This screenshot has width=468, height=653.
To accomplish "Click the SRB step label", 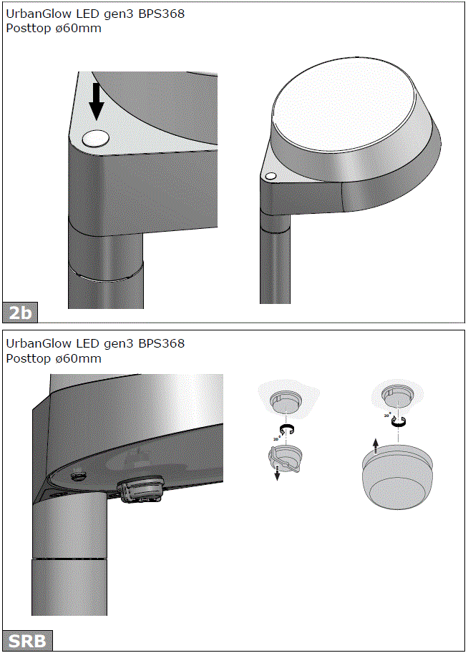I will [x=27, y=640].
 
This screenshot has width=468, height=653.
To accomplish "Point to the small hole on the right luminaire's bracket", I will [x=270, y=176].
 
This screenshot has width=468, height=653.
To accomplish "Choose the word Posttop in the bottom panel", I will [x=29, y=358].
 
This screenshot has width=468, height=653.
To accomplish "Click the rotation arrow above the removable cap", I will [x=288, y=429].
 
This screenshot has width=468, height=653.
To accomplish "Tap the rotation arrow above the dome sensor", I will [x=397, y=422].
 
